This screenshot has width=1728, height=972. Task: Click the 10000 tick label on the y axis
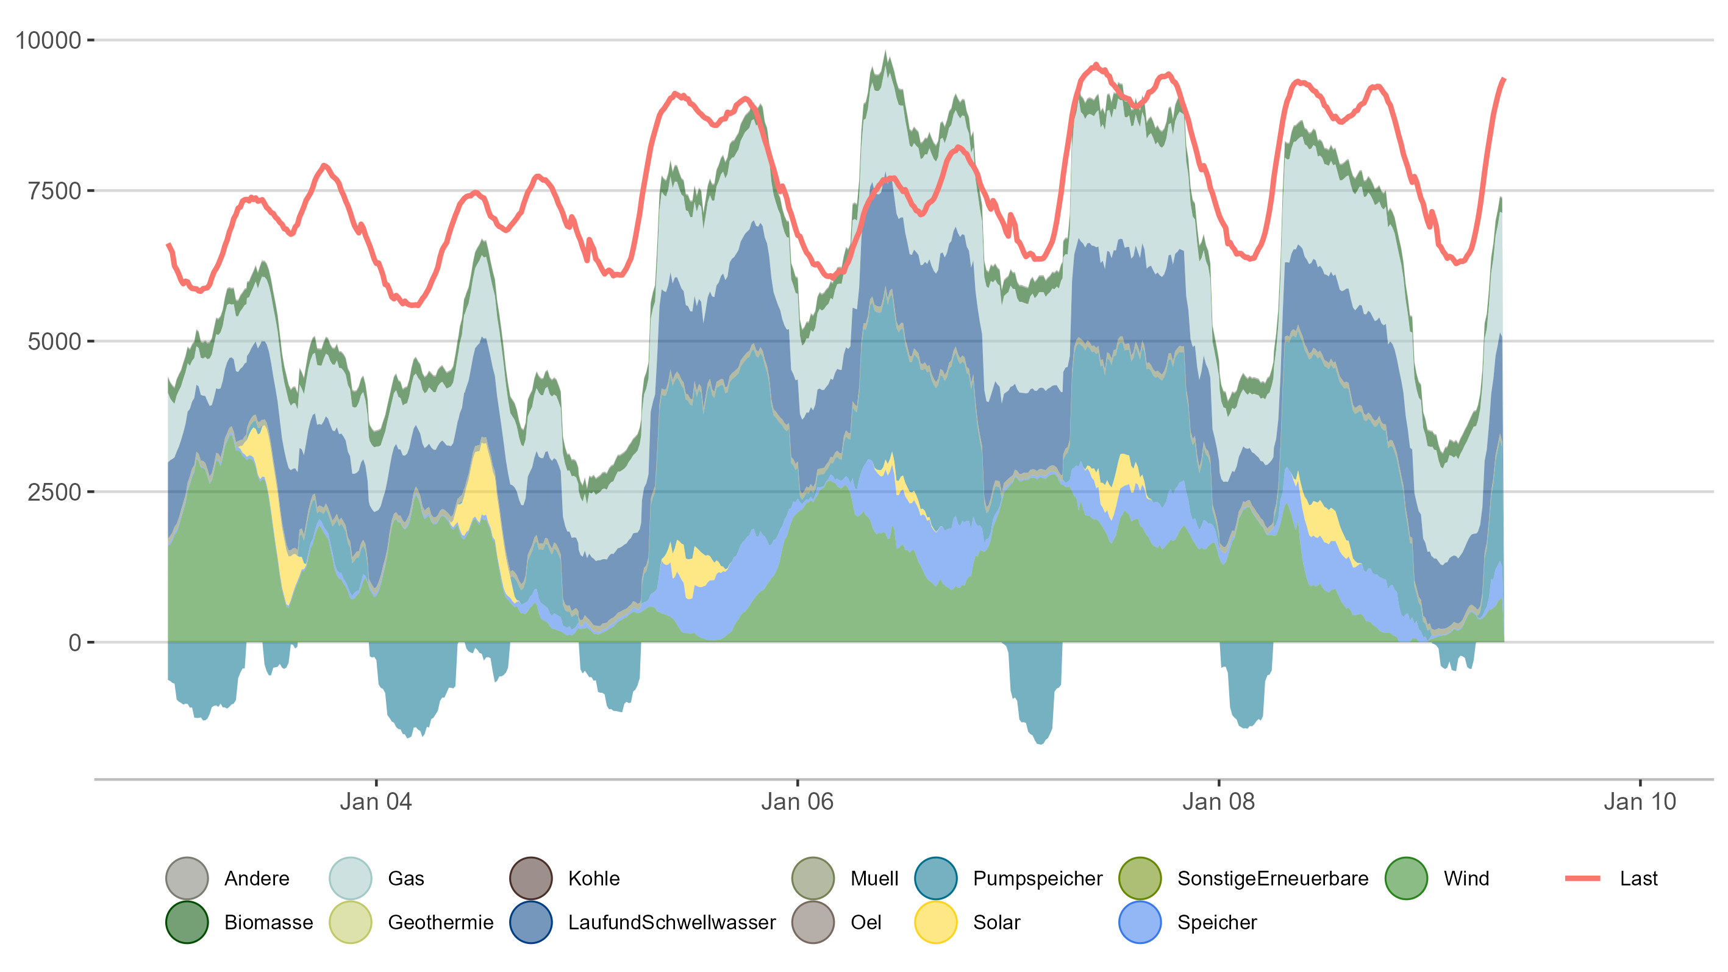48,40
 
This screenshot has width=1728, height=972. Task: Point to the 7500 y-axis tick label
54,191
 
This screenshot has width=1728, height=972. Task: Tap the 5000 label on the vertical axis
54,341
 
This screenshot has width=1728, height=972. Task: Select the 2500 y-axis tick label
54,492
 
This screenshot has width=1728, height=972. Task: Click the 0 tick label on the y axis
74,643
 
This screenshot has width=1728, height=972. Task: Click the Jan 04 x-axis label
376,802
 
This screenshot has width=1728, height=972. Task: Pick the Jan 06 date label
797,802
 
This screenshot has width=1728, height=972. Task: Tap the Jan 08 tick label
1218,802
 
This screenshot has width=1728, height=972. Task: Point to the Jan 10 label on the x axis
1640,802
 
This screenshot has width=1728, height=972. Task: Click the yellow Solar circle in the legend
936,923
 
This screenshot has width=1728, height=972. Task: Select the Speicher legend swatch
1140,923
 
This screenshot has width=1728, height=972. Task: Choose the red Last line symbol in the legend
1582,878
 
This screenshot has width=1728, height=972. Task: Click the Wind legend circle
1406,878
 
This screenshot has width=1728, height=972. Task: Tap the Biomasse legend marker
187,923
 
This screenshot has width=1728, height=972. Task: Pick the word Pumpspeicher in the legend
1037,878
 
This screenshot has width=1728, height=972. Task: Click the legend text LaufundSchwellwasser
671,923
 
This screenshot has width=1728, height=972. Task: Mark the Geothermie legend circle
351,923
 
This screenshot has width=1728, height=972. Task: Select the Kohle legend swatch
531,878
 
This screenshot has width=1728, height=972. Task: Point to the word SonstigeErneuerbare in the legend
1273,878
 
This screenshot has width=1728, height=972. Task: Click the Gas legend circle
351,878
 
